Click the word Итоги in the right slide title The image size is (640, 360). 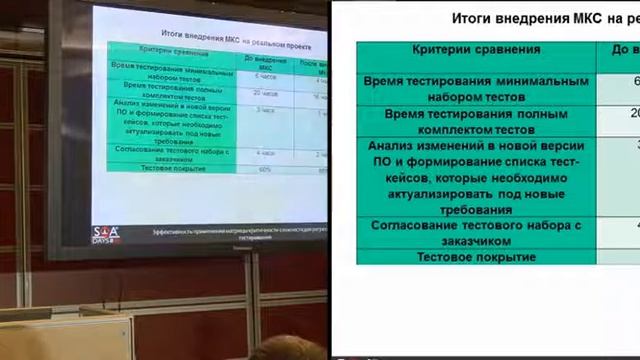[x=474, y=17]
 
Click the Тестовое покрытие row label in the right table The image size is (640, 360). [x=475, y=257]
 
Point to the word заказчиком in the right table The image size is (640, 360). [x=475, y=240]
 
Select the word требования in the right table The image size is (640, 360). [x=476, y=209]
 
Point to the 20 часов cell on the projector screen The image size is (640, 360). [x=265, y=92]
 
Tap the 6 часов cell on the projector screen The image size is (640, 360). [x=265, y=76]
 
